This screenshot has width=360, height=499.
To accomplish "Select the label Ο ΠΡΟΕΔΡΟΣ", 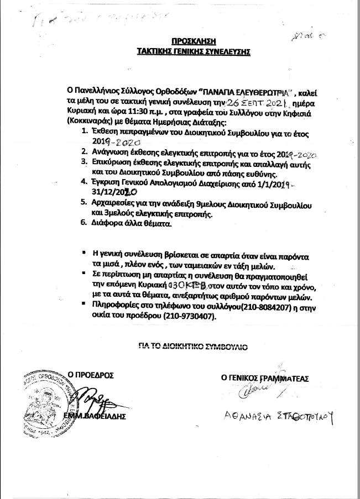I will pyautogui.click(x=90, y=375).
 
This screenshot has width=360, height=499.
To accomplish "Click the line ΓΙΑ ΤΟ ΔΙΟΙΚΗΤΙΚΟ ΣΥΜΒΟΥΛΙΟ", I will pyautogui.click(x=192, y=345).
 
